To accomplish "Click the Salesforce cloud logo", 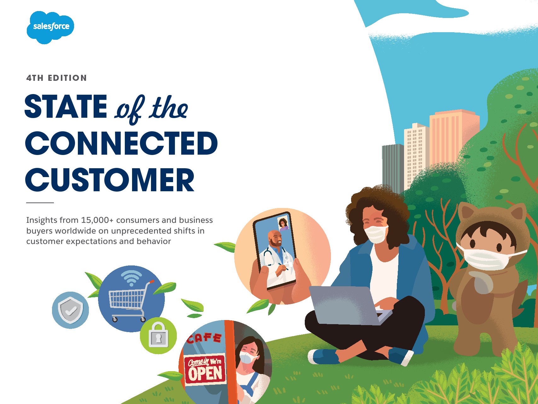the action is pos(50,27).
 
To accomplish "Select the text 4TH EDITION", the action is pos(57,78).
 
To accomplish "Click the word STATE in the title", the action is pos(66,107).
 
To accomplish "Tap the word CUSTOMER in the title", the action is pos(110,180).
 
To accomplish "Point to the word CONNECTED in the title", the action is pos(122,143).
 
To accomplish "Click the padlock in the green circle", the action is pos(158,335).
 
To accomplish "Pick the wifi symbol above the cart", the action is pos(131,277).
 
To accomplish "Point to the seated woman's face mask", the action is pos(376,234).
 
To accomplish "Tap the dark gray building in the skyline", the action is pos(393,167).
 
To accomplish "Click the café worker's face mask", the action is pos(247,358).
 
